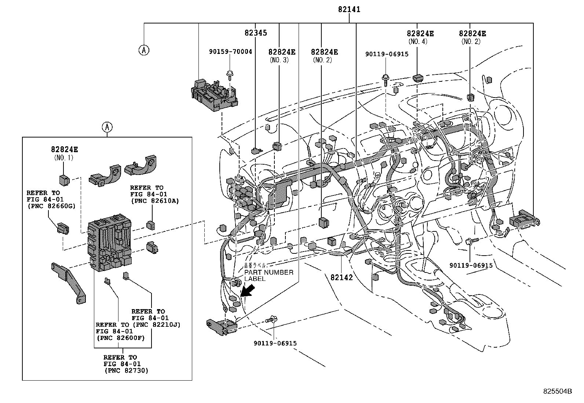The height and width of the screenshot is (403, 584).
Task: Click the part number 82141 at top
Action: coord(349,10)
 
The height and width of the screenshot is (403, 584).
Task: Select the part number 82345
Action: coord(256,33)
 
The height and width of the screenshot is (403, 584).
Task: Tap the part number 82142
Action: coord(341,278)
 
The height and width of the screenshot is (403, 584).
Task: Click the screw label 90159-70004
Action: coord(231,52)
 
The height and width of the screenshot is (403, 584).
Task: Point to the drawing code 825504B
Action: coord(557,391)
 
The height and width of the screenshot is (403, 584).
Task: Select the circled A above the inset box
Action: coord(107,127)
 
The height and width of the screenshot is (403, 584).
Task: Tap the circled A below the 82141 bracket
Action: coord(144,50)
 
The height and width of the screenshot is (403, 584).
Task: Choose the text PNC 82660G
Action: coord(51,206)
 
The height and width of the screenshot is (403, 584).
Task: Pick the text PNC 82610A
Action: coord(154,201)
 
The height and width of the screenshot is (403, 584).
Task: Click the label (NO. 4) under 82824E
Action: coord(418,41)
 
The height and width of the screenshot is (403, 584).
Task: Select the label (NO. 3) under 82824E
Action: coord(279,60)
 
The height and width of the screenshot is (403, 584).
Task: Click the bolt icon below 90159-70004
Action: coord(230,75)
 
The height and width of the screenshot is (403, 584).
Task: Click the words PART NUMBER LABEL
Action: coord(269,275)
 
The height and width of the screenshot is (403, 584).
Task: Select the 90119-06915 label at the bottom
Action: coord(275,343)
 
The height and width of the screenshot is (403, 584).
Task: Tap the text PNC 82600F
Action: coord(119,338)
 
